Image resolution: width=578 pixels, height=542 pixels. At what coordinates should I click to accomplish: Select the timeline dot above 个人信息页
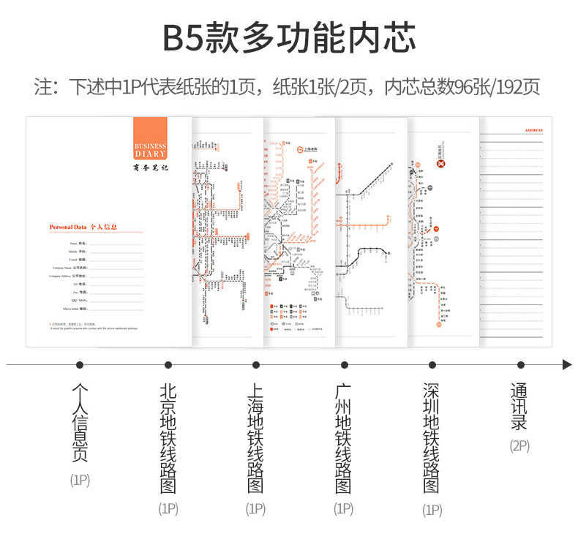click(x=80, y=364)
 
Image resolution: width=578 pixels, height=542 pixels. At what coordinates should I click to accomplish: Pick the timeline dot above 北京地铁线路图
click(x=168, y=364)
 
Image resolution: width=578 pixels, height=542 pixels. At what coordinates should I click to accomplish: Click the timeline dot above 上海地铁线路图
click(x=256, y=364)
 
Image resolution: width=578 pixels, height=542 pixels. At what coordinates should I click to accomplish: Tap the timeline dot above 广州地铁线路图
click(x=344, y=364)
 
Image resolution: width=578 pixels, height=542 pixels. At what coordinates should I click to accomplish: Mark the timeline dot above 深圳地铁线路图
click(x=432, y=364)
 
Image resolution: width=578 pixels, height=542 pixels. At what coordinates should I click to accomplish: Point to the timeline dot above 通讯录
click(x=520, y=364)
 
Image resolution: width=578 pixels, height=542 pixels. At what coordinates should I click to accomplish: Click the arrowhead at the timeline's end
click(x=566, y=364)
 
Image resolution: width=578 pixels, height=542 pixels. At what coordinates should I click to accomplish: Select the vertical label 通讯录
click(x=519, y=407)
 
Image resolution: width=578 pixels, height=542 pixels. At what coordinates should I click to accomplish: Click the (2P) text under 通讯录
click(x=519, y=445)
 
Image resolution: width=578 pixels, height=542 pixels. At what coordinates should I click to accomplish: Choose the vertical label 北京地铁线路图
click(x=168, y=438)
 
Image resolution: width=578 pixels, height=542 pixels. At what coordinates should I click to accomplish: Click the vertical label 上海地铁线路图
click(x=256, y=438)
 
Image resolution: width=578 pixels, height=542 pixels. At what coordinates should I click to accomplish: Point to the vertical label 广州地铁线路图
click(x=344, y=438)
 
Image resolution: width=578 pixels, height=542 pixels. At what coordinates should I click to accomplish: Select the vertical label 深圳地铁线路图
click(x=432, y=438)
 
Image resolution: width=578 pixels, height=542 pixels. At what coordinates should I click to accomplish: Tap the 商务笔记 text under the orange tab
click(x=150, y=168)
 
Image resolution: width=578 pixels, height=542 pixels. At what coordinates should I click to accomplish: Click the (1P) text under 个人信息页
click(x=80, y=481)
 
